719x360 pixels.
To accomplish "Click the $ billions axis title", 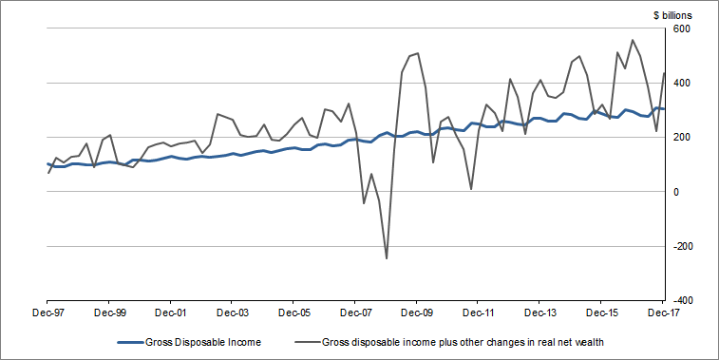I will (672, 15).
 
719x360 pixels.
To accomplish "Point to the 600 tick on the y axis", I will (682, 29).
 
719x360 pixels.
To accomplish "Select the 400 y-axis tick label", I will (682, 84).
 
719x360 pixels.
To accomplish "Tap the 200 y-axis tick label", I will (682, 138).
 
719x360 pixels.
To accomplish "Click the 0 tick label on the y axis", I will (676, 192).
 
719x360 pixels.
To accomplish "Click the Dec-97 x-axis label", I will (47, 311).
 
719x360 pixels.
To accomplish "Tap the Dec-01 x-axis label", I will (170, 311).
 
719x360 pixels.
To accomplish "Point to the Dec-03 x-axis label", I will (232, 311).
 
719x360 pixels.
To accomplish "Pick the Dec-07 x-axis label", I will (355, 311).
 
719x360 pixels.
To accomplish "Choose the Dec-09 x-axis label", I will (417, 311).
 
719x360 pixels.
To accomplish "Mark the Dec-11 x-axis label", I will (479, 311).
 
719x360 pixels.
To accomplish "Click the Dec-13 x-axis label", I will (540, 311).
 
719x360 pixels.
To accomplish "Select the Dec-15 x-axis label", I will (602, 311).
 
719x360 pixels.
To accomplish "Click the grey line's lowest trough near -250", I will (387, 258).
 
